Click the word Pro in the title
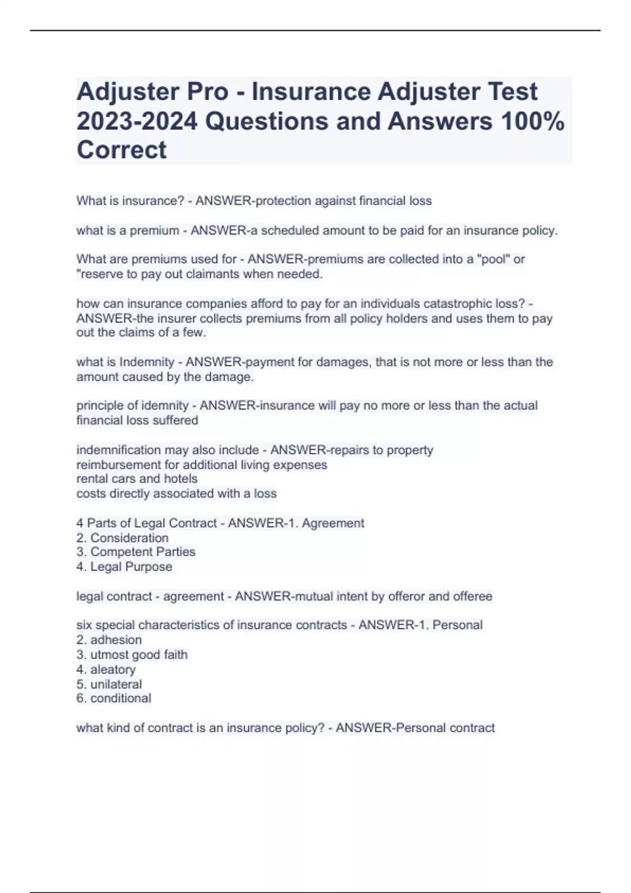click(206, 92)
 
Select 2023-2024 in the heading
click(137, 121)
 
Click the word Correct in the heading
click(121, 150)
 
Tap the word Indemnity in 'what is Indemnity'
click(147, 362)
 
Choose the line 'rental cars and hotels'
click(137, 479)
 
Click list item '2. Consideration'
click(123, 538)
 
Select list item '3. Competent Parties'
click(136, 552)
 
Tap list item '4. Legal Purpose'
click(124, 567)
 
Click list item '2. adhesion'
click(109, 640)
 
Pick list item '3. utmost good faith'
click(132, 655)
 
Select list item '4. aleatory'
click(106, 670)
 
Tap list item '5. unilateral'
click(109, 684)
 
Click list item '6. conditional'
click(114, 698)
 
